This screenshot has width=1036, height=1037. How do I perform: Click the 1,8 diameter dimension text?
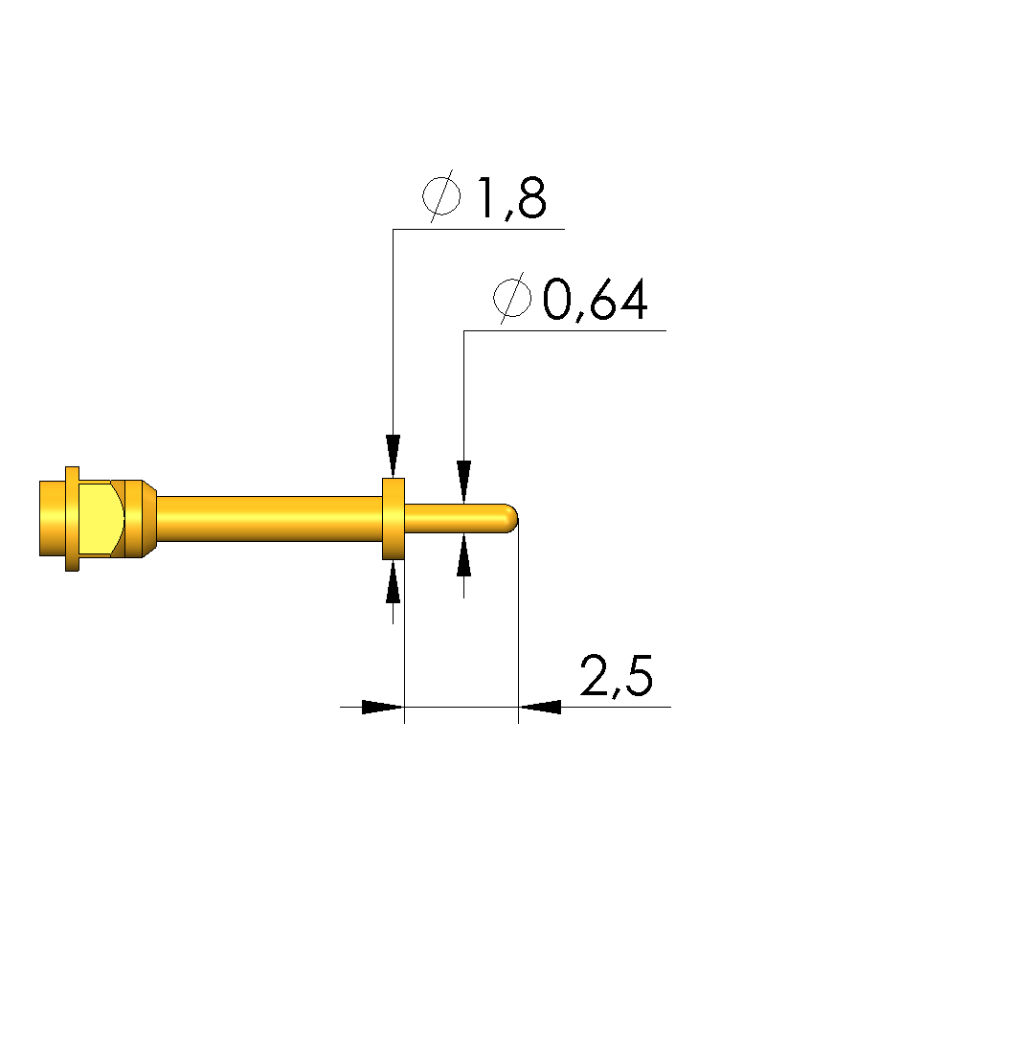[511, 198]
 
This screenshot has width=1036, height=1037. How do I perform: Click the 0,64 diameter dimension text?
[595, 301]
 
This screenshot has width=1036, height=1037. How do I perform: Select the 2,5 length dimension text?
[617, 676]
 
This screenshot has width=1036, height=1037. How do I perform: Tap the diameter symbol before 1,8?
[441, 195]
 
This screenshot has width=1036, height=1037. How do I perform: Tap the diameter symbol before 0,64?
[512, 298]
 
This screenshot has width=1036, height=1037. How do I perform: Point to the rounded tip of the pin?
[511, 519]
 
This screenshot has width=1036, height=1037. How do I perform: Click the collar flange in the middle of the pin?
[394, 519]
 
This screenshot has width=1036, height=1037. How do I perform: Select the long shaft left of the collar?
[270, 519]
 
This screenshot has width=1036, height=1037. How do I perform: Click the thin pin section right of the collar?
[456, 519]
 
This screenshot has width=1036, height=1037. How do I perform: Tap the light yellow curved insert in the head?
[100, 519]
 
